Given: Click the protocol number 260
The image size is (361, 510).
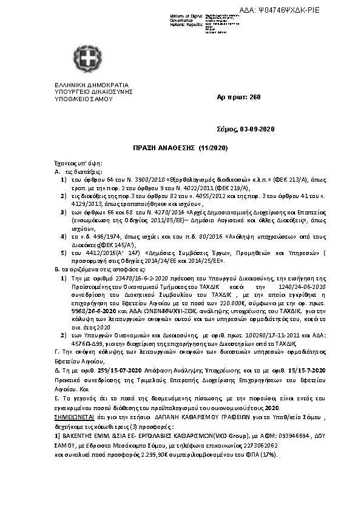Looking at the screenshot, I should click(x=255, y=96).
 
